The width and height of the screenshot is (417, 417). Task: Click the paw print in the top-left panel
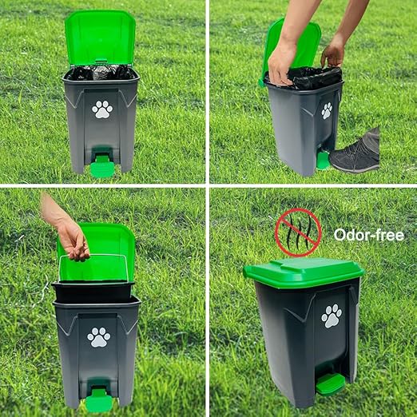(101, 109)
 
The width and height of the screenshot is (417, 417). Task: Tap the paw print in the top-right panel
(326, 110)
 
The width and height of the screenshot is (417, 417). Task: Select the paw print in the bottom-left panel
(98, 337)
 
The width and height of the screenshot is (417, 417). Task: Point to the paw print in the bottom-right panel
(331, 316)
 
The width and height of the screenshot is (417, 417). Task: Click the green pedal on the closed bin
(329, 383)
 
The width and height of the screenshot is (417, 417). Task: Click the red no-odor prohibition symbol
(298, 232)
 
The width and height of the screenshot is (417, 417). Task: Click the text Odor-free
(367, 235)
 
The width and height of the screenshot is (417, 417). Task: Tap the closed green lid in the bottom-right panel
(303, 272)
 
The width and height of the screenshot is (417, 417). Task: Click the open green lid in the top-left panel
(100, 37)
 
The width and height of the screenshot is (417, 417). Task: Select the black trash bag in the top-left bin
(100, 73)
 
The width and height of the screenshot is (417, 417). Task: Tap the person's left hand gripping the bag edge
(281, 62)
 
